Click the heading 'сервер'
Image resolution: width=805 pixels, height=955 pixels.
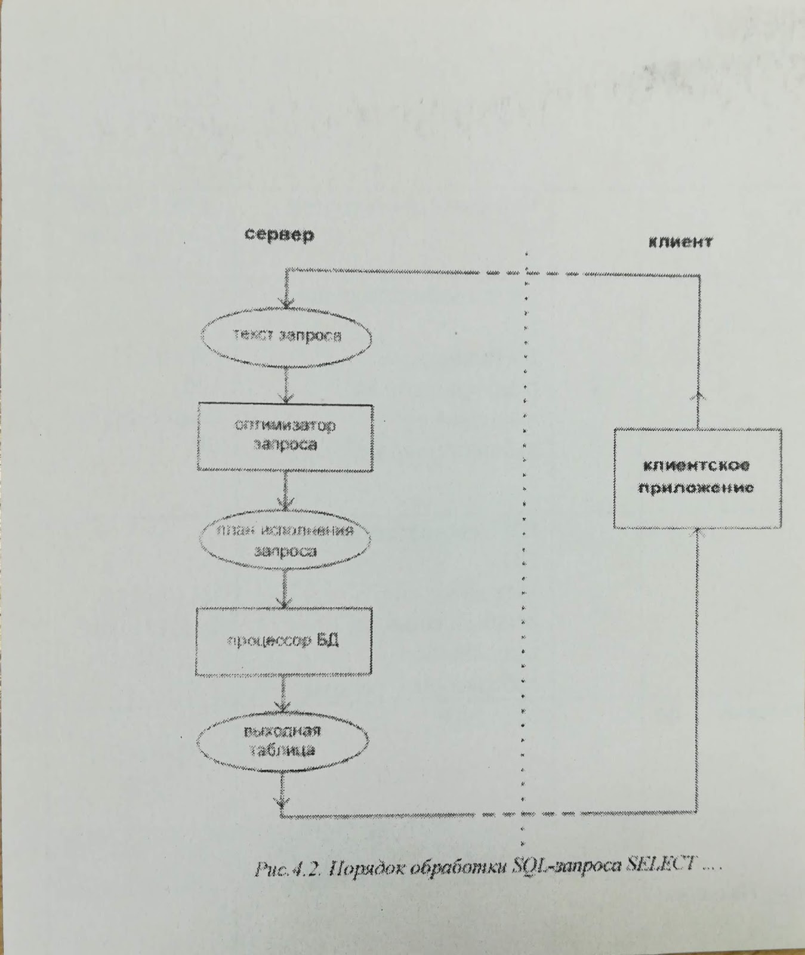click(279, 235)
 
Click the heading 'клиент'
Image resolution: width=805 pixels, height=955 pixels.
click(680, 242)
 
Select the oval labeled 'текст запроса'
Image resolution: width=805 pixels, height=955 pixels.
click(286, 336)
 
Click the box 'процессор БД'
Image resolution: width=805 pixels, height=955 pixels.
click(284, 642)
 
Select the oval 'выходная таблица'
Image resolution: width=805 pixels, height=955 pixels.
click(283, 741)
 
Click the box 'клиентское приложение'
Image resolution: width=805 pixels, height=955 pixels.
click(697, 478)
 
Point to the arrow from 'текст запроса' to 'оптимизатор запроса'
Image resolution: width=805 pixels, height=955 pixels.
click(287, 386)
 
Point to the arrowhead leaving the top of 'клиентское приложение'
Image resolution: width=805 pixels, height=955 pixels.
click(699, 395)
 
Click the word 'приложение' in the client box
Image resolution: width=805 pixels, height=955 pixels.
click(696, 488)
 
